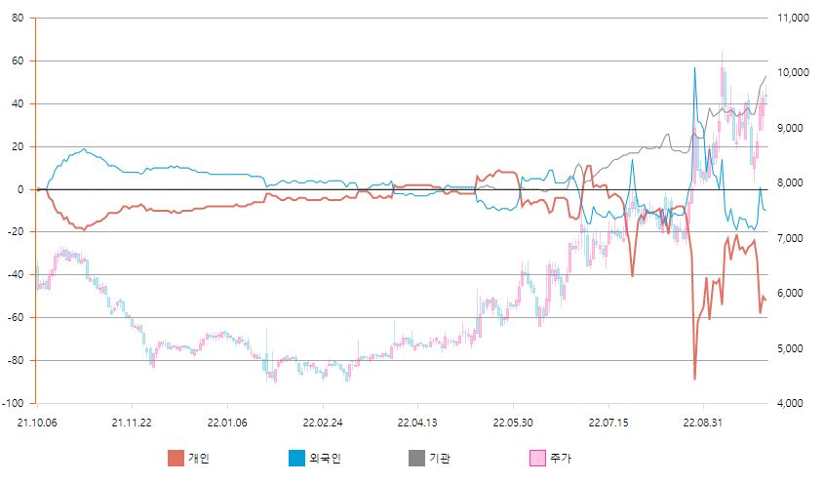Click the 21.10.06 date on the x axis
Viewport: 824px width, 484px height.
(36, 423)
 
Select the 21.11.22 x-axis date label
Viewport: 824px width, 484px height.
(131, 423)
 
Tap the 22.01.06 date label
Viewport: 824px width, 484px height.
(226, 423)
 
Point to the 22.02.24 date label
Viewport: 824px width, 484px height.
(322, 423)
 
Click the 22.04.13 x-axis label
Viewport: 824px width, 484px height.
(417, 423)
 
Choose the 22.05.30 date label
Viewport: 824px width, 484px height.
(513, 423)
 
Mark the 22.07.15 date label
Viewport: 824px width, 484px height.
(608, 423)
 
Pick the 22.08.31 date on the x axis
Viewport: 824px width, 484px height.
(704, 423)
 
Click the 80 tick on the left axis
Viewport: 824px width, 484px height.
(19, 19)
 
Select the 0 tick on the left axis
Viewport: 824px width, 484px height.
(21, 189)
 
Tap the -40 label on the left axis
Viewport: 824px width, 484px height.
(17, 275)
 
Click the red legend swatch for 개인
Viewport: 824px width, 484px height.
(176, 459)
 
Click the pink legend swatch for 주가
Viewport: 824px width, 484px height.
(536, 459)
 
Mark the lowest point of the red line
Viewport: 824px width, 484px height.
(695, 379)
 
